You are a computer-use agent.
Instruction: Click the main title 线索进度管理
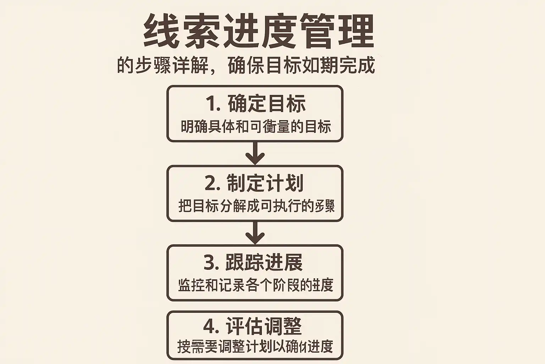tap(259, 31)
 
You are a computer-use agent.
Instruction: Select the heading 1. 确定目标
tap(255, 103)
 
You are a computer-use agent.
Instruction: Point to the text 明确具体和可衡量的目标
tap(255, 127)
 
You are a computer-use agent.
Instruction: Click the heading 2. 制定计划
tap(254, 183)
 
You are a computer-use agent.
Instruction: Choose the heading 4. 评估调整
tap(253, 326)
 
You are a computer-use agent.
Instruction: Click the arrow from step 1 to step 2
tap(255, 154)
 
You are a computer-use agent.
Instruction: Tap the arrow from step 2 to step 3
tap(255, 233)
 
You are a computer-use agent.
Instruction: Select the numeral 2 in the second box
tap(211, 183)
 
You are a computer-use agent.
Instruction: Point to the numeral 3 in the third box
tap(210, 263)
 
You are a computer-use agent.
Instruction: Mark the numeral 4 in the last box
tap(210, 326)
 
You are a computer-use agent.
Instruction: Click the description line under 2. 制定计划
tap(256, 206)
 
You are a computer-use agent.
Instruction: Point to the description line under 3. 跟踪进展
tap(255, 285)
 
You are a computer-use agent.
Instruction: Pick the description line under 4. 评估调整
tap(255, 347)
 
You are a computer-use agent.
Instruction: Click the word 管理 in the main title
tap(337, 31)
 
